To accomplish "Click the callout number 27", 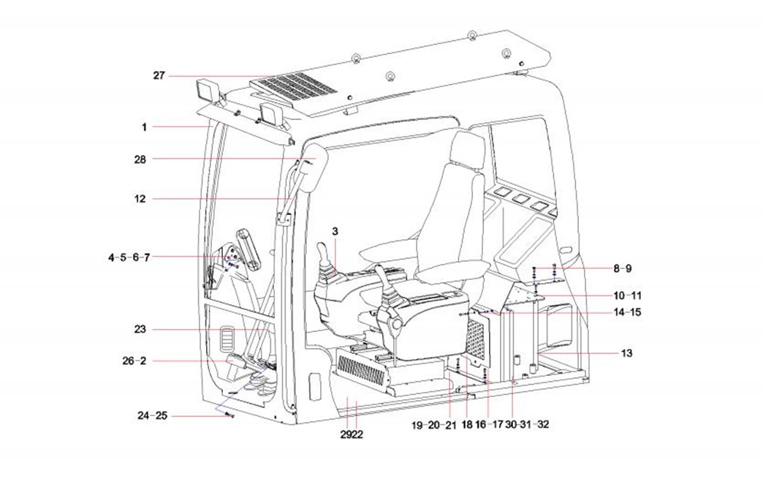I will tap(159, 75).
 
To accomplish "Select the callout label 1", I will tap(145, 127).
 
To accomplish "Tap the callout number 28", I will tap(140, 159).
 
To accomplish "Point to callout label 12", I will tap(140, 198).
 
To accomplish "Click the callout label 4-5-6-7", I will tap(129, 257).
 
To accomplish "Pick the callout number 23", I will tap(140, 330).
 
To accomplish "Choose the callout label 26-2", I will tap(134, 361).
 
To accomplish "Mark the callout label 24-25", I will tap(153, 415).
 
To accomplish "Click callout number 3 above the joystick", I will tap(335, 231).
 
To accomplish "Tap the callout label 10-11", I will tap(627, 295).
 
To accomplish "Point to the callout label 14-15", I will tap(627, 313).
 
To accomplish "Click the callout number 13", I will tap(626, 353).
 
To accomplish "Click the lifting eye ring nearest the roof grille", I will tap(390, 78).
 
